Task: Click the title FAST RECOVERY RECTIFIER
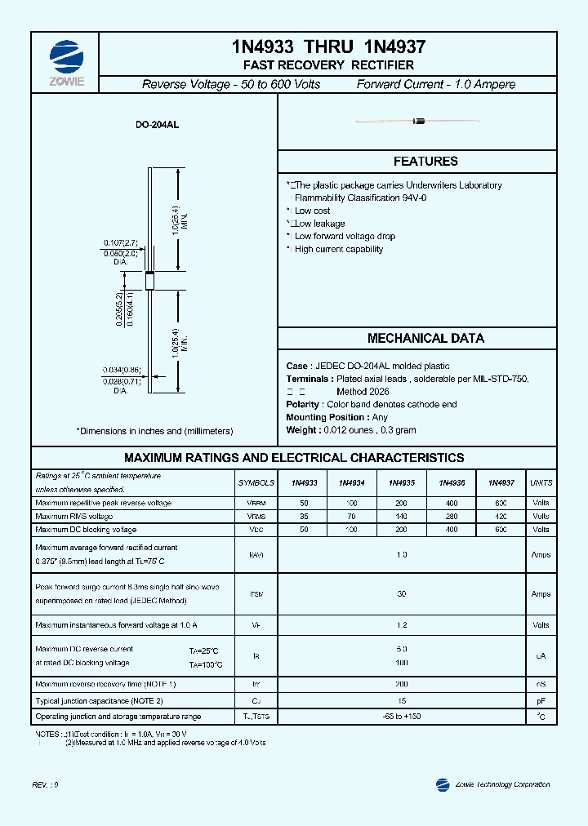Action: coord(328,65)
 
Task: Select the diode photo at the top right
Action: coord(418,122)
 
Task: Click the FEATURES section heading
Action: coord(425,162)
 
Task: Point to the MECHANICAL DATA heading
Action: coord(425,338)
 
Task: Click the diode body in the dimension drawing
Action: coord(149,278)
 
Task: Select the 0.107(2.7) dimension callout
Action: coord(120,242)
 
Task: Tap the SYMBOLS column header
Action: coord(256,483)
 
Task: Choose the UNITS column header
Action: coord(541,483)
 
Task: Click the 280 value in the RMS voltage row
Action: coord(452,517)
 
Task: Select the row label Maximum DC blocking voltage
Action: coord(86,530)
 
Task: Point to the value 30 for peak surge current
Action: coord(401,594)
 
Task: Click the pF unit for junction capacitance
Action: coord(541,700)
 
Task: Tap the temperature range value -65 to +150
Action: coord(401,716)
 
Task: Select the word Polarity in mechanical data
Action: coord(302,405)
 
